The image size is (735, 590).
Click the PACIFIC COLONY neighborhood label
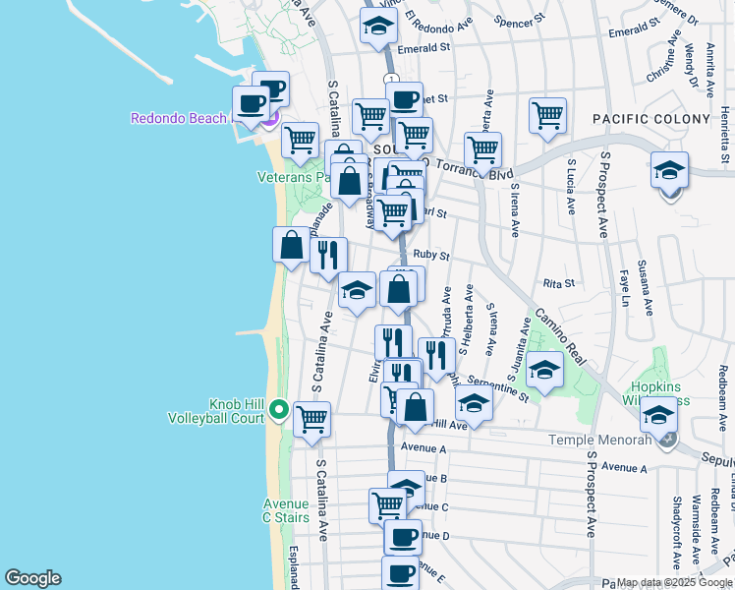click(650, 119)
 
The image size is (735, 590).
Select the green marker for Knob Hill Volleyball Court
click(279, 410)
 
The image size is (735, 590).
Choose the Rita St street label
click(558, 283)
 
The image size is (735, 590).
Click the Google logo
click(31, 578)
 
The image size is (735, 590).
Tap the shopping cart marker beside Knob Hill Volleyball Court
click(311, 418)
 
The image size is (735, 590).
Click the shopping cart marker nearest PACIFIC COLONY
click(547, 114)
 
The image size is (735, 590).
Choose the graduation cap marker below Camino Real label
click(544, 369)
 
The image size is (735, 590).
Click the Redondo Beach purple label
click(180, 119)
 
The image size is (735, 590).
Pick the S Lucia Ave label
click(570, 187)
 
